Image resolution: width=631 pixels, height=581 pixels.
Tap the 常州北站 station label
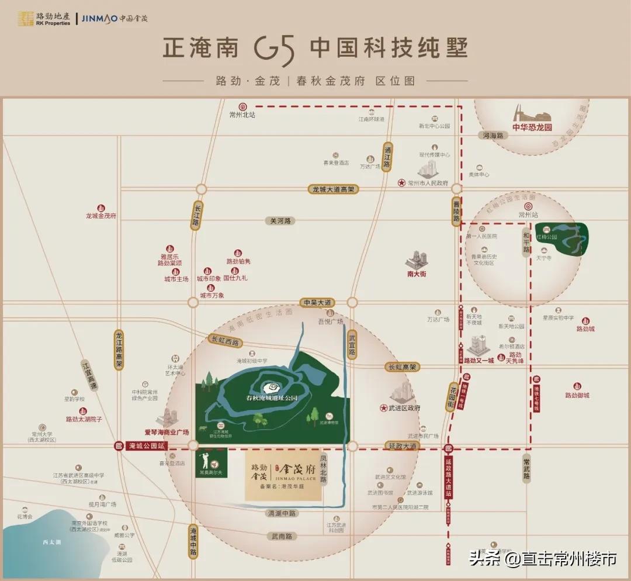[242, 115]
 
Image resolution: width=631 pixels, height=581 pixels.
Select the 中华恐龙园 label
[532, 127]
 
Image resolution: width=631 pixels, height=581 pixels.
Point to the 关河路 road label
[280, 221]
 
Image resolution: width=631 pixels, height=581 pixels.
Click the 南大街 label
[417, 273]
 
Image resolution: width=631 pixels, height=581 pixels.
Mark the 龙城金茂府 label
[101, 216]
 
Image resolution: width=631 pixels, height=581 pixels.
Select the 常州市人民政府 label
[428, 183]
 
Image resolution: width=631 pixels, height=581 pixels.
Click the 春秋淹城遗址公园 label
[272, 397]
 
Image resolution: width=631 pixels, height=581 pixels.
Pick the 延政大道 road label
[403, 446]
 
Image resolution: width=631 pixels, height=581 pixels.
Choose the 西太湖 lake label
[51, 542]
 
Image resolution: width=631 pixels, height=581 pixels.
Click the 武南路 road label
[281, 536]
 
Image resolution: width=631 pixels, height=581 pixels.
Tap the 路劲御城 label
[577, 396]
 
